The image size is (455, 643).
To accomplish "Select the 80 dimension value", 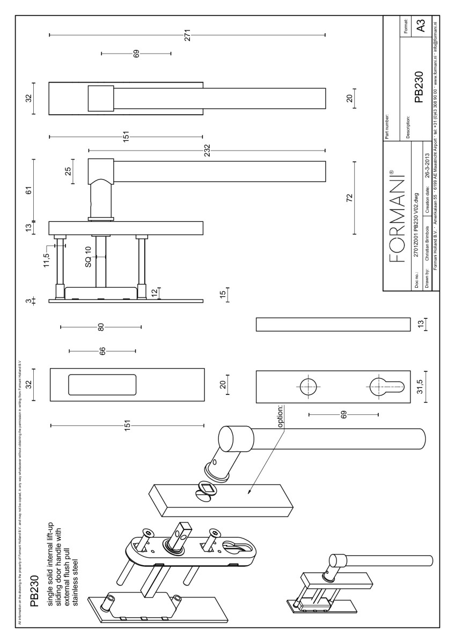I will tap(100, 327).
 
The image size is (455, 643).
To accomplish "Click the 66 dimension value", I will tap(102, 351).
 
